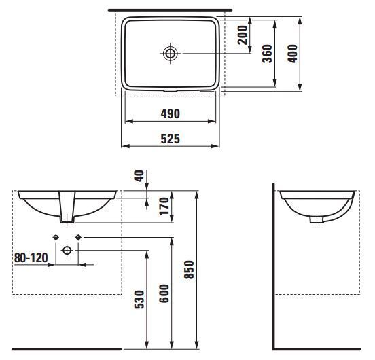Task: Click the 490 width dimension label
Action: [170, 114]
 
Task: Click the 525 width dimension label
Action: [170, 139]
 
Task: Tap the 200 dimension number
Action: [243, 35]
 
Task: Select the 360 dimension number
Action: [267, 54]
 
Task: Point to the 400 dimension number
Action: [292, 54]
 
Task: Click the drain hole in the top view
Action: [171, 53]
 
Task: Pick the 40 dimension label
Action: [139, 176]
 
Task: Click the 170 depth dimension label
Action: [164, 206]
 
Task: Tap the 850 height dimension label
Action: [189, 270]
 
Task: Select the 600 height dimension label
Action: [164, 293]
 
